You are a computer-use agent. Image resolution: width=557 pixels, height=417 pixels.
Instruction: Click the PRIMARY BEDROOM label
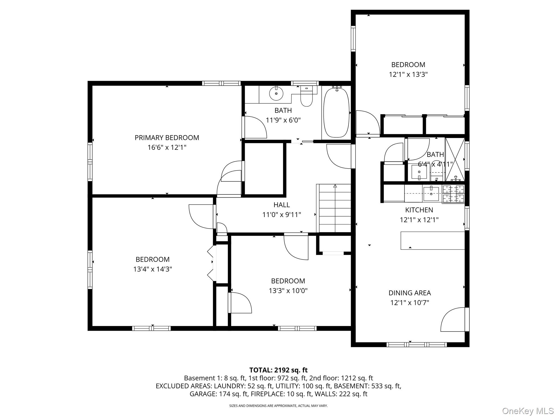(167, 138)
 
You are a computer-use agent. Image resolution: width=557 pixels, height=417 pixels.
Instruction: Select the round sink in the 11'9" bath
(276, 94)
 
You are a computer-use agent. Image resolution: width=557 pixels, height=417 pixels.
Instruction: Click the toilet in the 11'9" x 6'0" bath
(307, 97)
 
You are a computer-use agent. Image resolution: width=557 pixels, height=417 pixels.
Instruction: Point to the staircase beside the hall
(335, 208)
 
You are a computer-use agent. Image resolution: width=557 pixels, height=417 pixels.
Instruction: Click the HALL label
(281, 205)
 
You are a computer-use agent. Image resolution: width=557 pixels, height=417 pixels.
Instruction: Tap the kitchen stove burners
(453, 194)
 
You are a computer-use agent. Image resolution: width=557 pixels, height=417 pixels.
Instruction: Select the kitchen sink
(431, 194)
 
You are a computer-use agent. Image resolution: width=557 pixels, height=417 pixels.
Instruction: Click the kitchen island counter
(432, 241)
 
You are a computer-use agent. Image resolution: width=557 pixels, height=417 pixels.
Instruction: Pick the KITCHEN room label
(419, 210)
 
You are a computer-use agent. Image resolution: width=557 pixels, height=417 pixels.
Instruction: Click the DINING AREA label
(410, 293)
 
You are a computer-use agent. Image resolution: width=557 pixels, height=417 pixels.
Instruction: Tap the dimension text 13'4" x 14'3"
(153, 269)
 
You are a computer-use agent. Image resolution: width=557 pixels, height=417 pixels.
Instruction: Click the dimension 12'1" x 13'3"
(408, 74)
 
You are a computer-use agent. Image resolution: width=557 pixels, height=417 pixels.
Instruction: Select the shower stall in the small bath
(455, 159)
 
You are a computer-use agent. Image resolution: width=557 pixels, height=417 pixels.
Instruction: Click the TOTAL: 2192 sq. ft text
(278, 370)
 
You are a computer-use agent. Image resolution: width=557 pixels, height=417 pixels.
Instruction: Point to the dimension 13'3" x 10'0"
(288, 291)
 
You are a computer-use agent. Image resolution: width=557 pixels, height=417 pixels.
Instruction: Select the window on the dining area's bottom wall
(416, 345)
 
